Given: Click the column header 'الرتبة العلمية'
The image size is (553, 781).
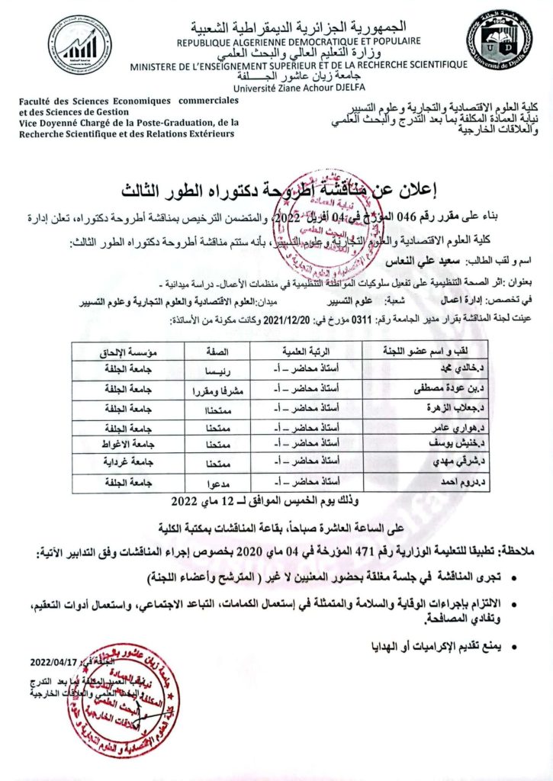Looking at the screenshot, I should pos(303,352).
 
